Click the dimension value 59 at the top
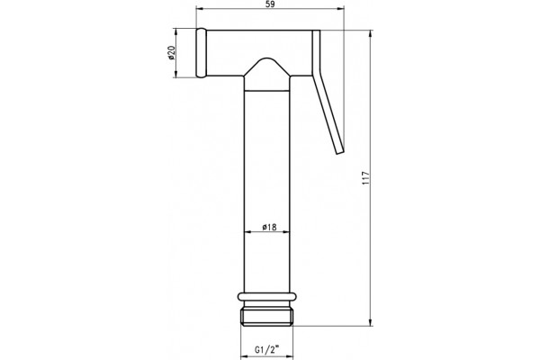[270, 4]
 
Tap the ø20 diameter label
[172, 53]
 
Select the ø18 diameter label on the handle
[269, 227]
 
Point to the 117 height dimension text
[366, 178]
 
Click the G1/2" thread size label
[266, 350]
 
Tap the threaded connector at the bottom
[266, 314]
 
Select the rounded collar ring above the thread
[266, 297]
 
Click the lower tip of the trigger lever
[339, 152]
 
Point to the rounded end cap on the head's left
[201, 53]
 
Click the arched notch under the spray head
[266, 67]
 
